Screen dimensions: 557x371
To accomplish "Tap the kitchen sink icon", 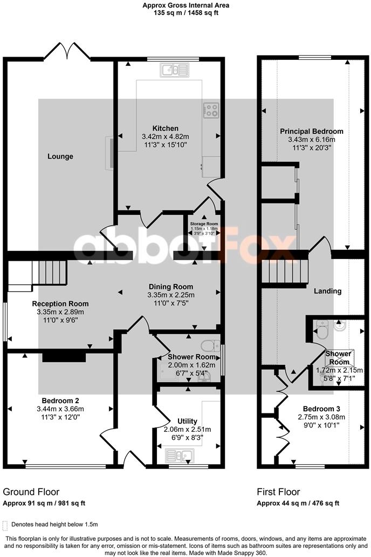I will pyautogui.click(x=174, y=70).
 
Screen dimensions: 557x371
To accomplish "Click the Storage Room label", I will pyautogui.click(x=204, y=223).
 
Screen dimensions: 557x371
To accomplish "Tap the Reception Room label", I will pyautogui.click(x=60, y=303).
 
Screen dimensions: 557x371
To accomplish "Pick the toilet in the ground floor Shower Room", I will pyautogui.click(x=210, y=345).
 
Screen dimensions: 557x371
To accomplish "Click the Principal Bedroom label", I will pyautogui.click(x=312, y=131).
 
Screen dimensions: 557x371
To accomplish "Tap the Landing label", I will pyautogui.click(x=328, y=291).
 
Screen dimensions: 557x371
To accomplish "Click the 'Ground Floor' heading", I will pyautogui.click(x=31, y=492).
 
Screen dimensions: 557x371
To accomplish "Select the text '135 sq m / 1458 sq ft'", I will pyautogui.click(x=185, y=13).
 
